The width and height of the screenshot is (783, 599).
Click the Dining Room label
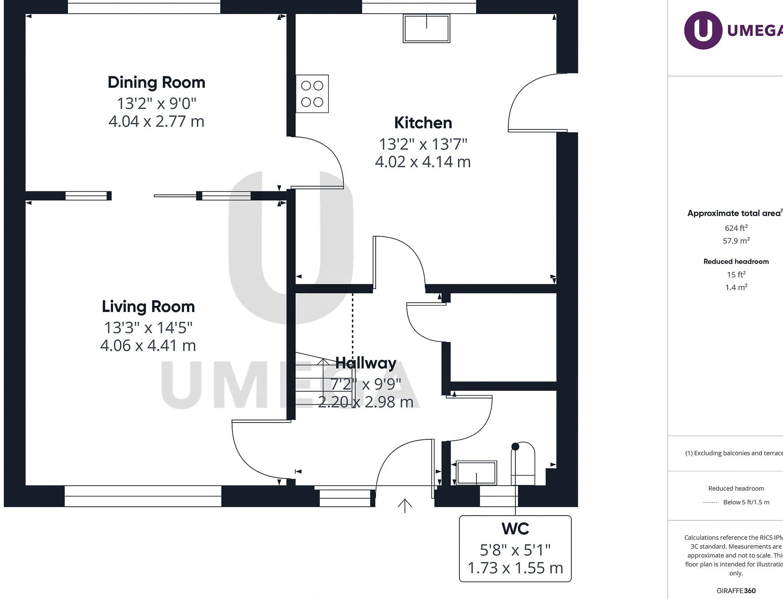[x=156, y=83]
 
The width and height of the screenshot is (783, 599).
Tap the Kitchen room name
[x=423, y=123]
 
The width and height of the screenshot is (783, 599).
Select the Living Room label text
[x=148, y=306]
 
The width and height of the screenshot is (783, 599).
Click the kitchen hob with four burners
[x=312, y=94]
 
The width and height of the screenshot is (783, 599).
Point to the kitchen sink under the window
[x=426, y=28]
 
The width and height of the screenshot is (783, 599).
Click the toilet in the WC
[x=523, y=464]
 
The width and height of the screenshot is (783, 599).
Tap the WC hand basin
[x=476, y=472]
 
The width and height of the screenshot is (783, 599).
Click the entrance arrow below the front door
[x=405, y=505]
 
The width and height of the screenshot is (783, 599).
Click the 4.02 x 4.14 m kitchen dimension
[x=423, y=162]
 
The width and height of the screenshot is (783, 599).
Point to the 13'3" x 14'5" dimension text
[x=148, y=328]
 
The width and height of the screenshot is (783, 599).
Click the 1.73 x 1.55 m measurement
[x=515, y=568]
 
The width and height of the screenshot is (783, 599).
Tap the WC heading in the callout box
[x=515, y=529]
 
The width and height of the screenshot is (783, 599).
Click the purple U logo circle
[x=703, y=30]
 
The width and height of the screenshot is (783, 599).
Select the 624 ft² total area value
[x=736, y=228]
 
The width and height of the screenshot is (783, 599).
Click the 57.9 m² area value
[x=736, y=241]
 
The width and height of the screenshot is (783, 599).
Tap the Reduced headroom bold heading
[x=736, y=262]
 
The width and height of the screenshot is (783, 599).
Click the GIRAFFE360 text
[x=736, y=591]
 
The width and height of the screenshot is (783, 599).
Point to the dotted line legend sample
[x=710, y=502]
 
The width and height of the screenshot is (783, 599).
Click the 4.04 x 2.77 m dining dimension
[x=156, y=121]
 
